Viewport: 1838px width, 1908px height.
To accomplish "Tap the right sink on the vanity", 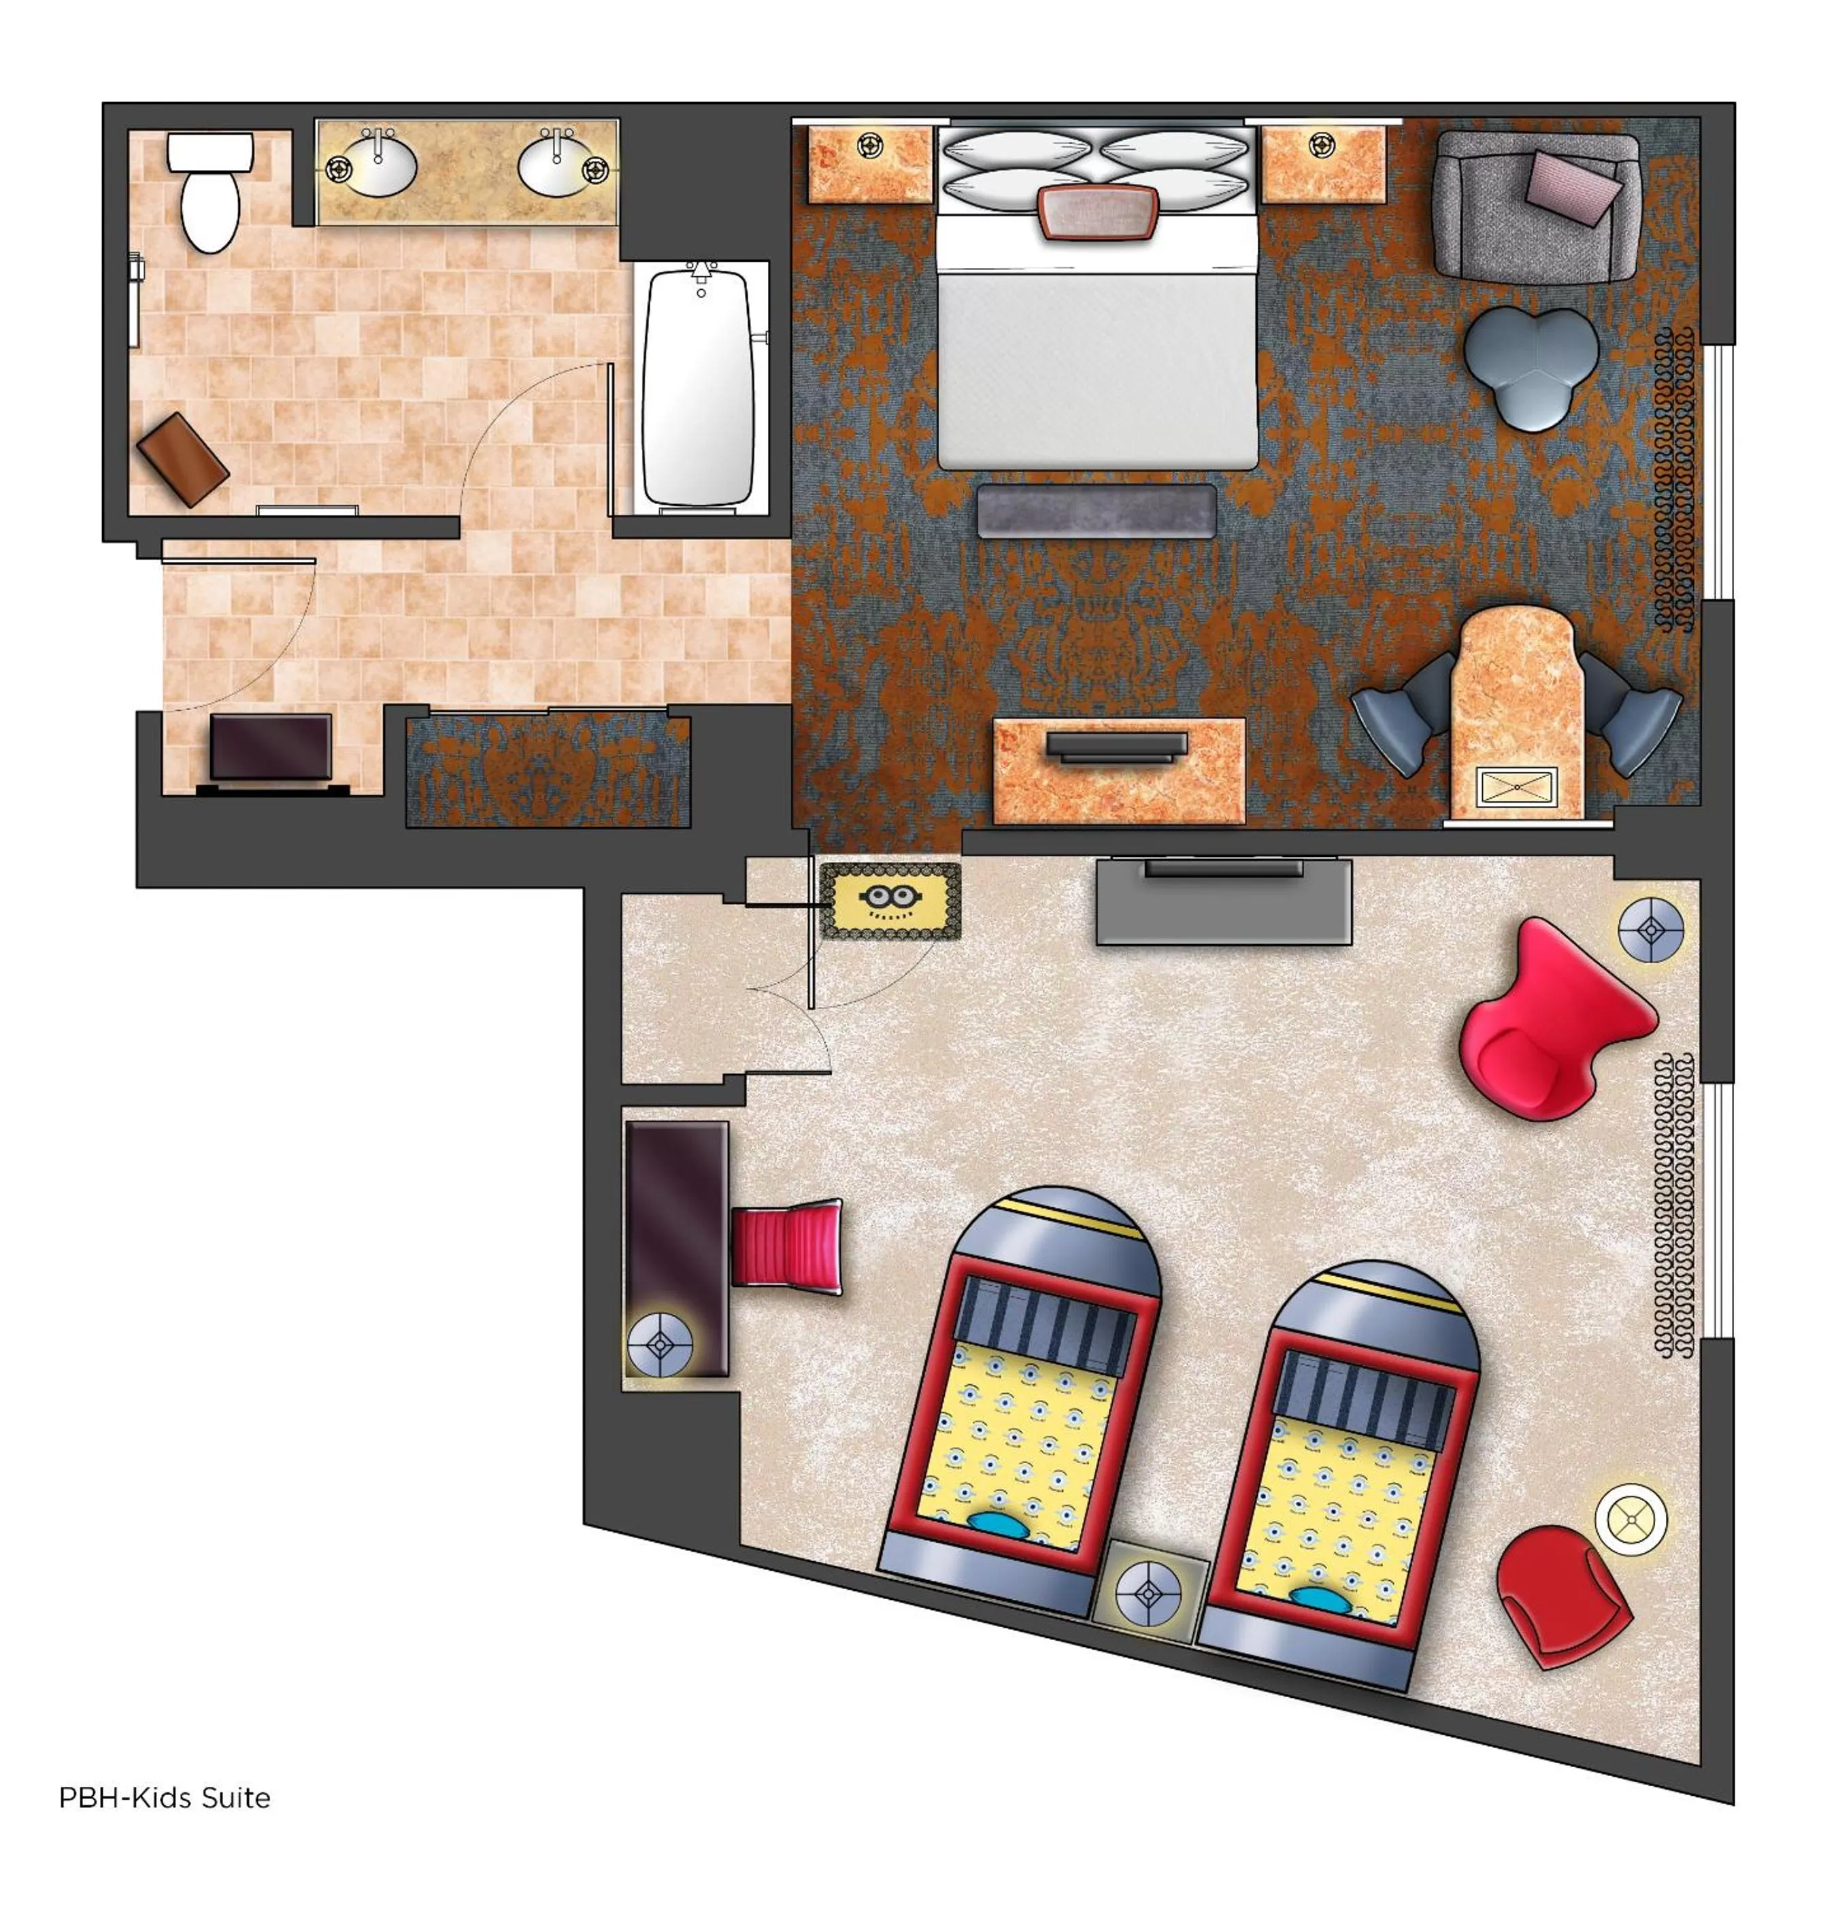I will click(x=557, y=165).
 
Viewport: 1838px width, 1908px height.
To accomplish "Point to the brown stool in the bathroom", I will click(x=182, y=458).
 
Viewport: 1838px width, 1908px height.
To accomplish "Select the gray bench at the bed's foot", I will click(x=1096, y=511).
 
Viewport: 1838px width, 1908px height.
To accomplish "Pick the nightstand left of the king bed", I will click(x=869, y=163).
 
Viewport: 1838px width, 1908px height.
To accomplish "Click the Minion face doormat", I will click(x=889, y=901).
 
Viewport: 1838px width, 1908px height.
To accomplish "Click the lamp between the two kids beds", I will click(x=1149, y=1594).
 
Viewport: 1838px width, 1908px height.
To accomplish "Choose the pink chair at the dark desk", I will click(x=785, y=1245).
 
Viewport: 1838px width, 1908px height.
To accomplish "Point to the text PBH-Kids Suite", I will click(x=165, y=1797).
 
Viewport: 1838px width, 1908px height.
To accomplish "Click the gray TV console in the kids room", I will click(x=1223, y=901).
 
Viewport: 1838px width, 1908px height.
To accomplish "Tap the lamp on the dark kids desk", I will click(x=660, y=1344).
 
